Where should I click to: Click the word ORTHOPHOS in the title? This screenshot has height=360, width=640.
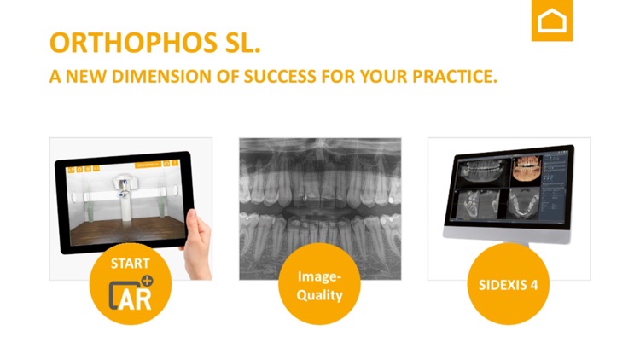(x=119, y=43)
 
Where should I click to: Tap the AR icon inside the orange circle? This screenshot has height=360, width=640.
(x=131, y=293)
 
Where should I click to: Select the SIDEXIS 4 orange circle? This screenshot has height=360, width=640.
(x=508, y=284)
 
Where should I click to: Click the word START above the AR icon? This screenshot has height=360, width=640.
(x=130, y=264)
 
